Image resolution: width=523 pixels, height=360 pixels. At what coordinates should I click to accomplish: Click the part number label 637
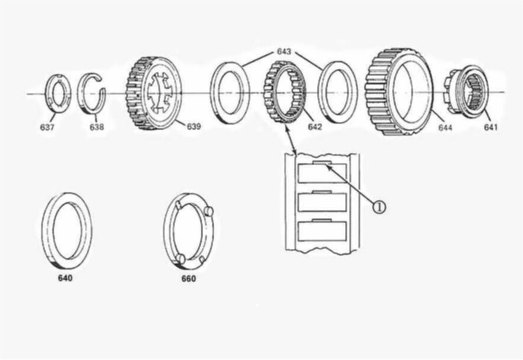coord(47,127)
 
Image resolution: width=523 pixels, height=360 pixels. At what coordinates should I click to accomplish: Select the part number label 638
coord(96,127)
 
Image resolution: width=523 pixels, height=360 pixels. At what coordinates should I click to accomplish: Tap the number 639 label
coord(194,127)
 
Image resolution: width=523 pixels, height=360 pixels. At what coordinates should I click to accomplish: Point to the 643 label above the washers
coord(284,51)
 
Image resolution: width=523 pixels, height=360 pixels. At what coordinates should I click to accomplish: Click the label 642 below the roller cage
coord(315,127)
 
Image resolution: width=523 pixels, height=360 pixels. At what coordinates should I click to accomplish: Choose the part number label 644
coord(445,128)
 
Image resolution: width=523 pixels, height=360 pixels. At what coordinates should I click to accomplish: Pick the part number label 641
coord(490,127)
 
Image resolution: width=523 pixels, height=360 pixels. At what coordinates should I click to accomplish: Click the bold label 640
coord(65,278)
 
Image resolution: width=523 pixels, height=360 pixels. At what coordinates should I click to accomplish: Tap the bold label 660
coord(188,278)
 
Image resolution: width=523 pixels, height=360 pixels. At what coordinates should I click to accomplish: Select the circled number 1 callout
coord(379,207)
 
